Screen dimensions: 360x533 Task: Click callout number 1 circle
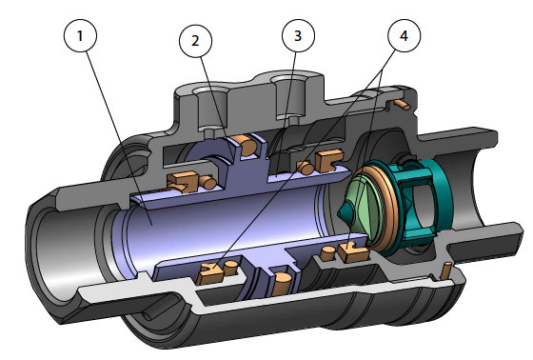coord(82,37)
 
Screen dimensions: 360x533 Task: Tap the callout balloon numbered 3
coord(299,37)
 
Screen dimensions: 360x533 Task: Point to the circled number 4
coord(404,37)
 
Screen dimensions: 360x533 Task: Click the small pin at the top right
coord(405,102)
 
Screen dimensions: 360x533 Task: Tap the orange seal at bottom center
coord(283,282)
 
